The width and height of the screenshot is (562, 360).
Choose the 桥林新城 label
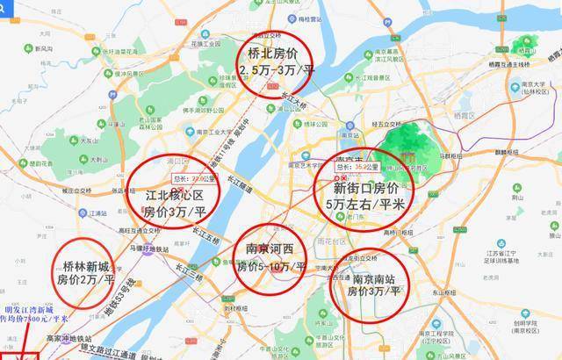point(87,264)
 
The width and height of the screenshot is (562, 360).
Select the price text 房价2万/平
point(86,281)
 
